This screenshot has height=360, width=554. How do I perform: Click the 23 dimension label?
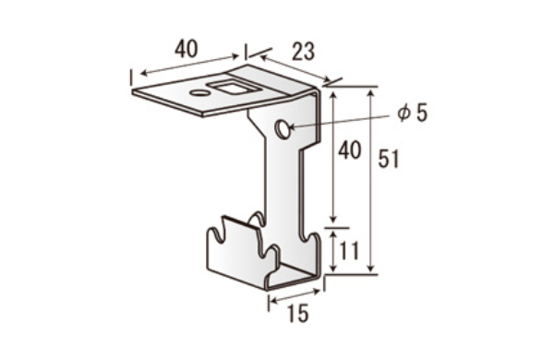tap(303, 52)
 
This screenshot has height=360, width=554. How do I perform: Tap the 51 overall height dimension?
tap(389, 159)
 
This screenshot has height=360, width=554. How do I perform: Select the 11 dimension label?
tap(349, 250)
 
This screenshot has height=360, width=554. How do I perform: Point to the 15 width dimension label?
tap(298, 313)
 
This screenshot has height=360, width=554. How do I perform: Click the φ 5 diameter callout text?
tap(412, 113)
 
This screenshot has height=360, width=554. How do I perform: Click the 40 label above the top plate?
tap(187, 49)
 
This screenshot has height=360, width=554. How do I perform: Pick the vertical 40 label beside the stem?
tap(349, 150)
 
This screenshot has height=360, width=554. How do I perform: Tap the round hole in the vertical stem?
tap(283, 129)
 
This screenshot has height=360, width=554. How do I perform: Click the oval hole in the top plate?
tap(199, 93)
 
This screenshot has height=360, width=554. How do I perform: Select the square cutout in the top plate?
tap(229, 88)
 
